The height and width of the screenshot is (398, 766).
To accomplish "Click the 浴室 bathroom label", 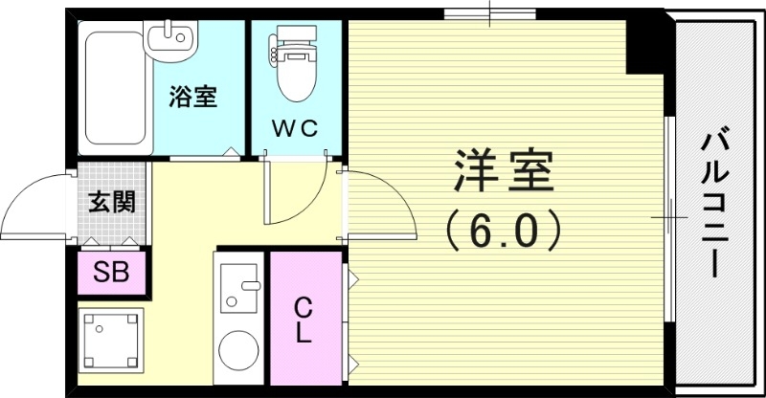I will click(193, 97).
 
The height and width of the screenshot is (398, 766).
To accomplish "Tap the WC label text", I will click(295, 127).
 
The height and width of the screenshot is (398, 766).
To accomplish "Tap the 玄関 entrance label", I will click(111, 202).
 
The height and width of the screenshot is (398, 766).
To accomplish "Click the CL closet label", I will click(303, 321).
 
